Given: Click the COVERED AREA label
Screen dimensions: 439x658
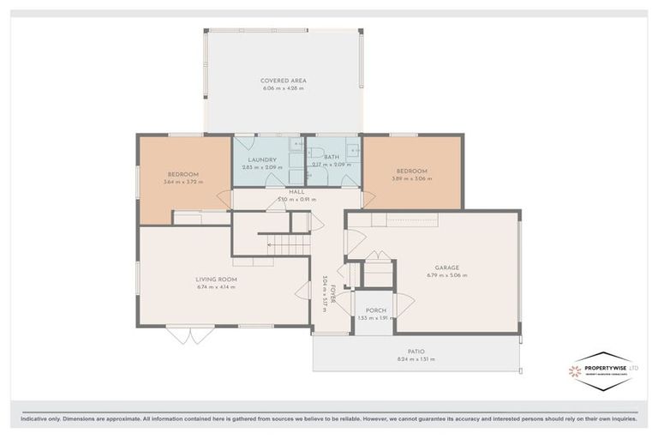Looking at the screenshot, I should tap(284, 81).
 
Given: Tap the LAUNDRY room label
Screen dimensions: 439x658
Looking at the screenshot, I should tap(262, 159).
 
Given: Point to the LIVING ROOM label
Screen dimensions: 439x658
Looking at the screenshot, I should tap(216, 279).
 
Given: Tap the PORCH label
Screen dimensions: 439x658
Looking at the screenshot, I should tap(375, 310).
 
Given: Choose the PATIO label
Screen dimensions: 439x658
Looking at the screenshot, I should tap(416, 351).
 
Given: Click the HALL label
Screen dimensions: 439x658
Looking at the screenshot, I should tap(296, 191).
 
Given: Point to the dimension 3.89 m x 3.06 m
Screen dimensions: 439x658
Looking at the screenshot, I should tap(412, 178).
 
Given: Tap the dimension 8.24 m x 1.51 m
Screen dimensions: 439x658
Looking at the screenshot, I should tap(416, 359).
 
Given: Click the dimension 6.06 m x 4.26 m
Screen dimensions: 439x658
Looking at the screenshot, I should tap(284, 89).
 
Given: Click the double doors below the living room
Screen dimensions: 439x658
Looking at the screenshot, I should tap(190, 334).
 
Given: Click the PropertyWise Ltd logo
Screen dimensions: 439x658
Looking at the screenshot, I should tap(603, 370).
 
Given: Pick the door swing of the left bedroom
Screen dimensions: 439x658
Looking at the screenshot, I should tap(224, 199).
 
